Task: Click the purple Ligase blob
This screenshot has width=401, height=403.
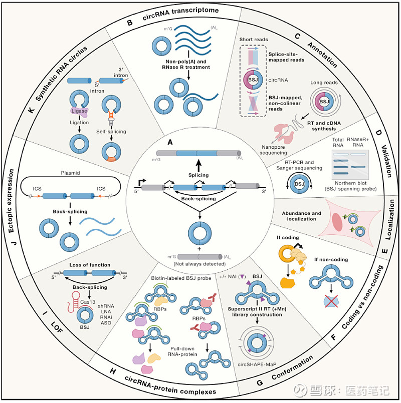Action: (80, 111)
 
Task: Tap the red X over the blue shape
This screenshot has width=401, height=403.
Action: (331, 301)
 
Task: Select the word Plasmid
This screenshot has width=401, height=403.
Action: (70, 173)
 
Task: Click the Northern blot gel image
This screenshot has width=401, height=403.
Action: (350, 165)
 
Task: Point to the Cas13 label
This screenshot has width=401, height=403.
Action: (88, 302)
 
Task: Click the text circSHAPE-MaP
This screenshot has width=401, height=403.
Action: (257, 364)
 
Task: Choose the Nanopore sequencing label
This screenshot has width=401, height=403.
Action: (273, 150)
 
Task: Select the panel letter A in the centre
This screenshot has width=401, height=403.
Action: (170, 142)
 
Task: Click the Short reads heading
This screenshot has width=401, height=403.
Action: (254, 40)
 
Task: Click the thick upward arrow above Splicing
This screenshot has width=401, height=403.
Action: (198, 165)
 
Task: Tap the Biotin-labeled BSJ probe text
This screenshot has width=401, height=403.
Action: (181, 278)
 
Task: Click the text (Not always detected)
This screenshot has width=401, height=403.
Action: (199, 264)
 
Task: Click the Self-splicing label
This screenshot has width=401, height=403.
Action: (111, 131)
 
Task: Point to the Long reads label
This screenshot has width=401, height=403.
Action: (324, 83)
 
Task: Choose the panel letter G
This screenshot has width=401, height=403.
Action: (260, 382)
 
